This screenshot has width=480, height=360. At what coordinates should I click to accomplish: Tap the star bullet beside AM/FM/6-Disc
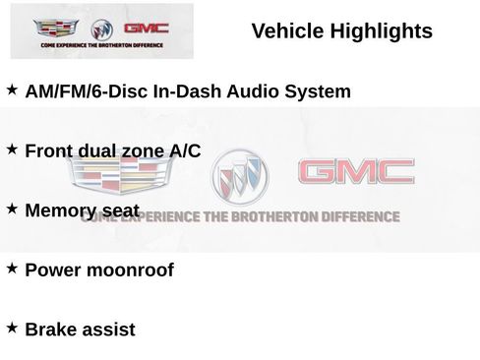[12, 90]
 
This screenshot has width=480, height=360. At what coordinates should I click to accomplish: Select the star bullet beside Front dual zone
[12, 149]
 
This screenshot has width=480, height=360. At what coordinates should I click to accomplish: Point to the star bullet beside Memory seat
[12, 209]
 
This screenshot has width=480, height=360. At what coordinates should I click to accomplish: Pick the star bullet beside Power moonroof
[12, 268]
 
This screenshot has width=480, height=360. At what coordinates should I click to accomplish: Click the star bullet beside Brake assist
[12, 327]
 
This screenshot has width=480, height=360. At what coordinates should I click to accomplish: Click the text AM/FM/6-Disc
[85, 92]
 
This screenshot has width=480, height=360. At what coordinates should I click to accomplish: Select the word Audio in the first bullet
[253, 92]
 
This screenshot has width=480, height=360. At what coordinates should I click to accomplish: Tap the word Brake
[51, 329]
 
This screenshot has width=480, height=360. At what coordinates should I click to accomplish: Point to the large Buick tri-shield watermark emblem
[238, 177]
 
